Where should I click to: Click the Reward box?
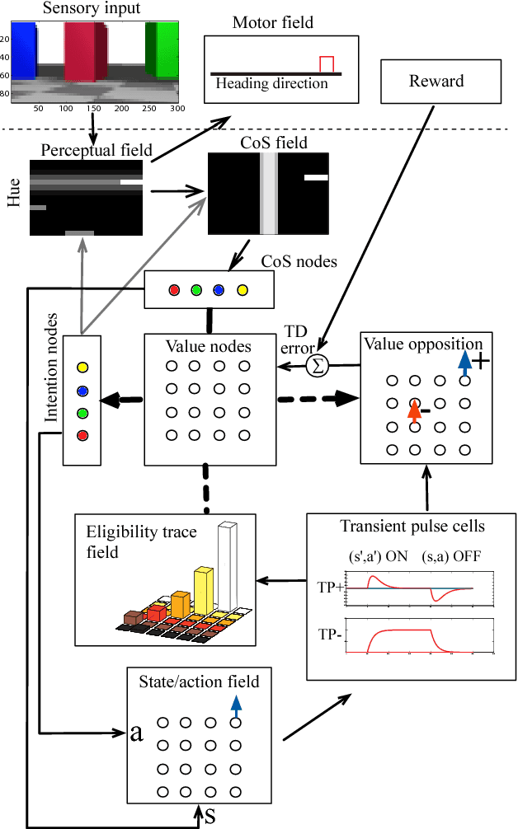[x=436, y=81]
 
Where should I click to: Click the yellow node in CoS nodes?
[x=242, y=290]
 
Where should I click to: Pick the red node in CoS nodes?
[x=174, y=290]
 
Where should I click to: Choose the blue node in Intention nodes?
[x=82, y=391]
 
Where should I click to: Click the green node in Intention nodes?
[x=82, y=412]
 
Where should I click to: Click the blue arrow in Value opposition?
[x=465, y=362]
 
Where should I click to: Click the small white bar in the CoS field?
[x=316, y=176]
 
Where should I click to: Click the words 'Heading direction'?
[x=271, y=83]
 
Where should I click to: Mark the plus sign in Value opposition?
[x=480, y=361]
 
